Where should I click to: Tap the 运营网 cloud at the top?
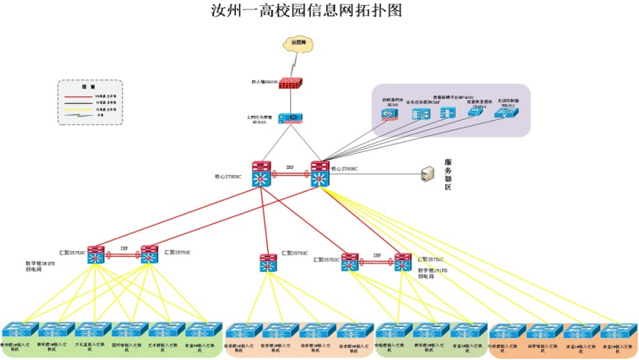tap(298, 43)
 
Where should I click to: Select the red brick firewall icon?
tap(291, 84)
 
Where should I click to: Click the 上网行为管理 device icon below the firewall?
tap(290, 119)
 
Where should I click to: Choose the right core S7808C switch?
tap(320, 176)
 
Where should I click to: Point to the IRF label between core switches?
tap(290, 167)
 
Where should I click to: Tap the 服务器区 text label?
tap(448, 174)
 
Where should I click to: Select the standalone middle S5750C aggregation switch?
tap(268, 263)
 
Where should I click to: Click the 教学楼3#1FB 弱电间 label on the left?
tap(40, 269)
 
